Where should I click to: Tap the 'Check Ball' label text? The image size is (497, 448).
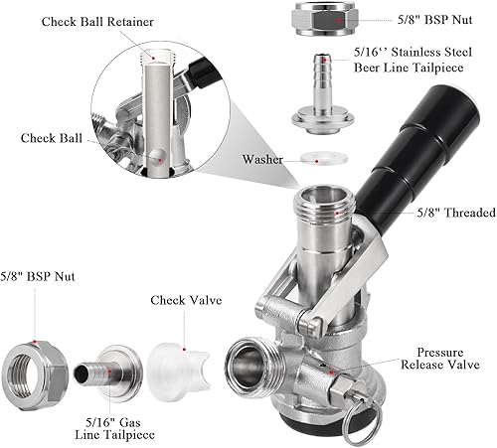coord(51,138)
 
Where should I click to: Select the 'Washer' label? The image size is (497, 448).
coord(262,158)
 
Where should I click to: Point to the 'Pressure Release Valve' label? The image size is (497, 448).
coord(439,357)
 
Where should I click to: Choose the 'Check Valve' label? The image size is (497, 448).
coord(186,300)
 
